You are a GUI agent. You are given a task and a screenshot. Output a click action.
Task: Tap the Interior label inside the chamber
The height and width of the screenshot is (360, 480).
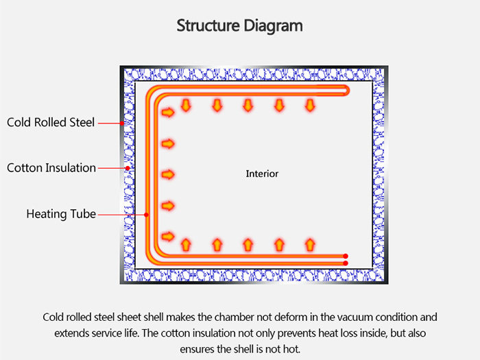click(262, 173)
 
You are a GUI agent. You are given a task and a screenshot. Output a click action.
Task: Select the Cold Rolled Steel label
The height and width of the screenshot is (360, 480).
click(51, 123)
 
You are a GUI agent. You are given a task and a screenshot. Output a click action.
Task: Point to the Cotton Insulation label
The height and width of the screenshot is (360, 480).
click(51, 168)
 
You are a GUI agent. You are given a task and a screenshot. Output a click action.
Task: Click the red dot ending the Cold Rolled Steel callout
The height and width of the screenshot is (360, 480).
click(122, 123)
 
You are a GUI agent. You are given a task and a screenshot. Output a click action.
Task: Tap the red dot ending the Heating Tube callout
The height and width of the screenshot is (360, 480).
click(147, 214)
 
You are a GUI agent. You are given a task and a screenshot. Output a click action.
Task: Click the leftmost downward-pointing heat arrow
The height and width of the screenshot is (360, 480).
click(186, 105)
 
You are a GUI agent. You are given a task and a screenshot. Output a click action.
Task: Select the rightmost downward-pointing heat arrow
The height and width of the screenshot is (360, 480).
click(310, 105)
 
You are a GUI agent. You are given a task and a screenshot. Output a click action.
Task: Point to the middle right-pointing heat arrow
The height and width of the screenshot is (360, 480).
click(167, 174)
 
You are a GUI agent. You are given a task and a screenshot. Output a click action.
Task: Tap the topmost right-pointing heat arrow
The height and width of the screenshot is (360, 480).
click(167, 112)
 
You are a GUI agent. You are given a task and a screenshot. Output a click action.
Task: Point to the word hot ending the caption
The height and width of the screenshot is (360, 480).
click(291, 348)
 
